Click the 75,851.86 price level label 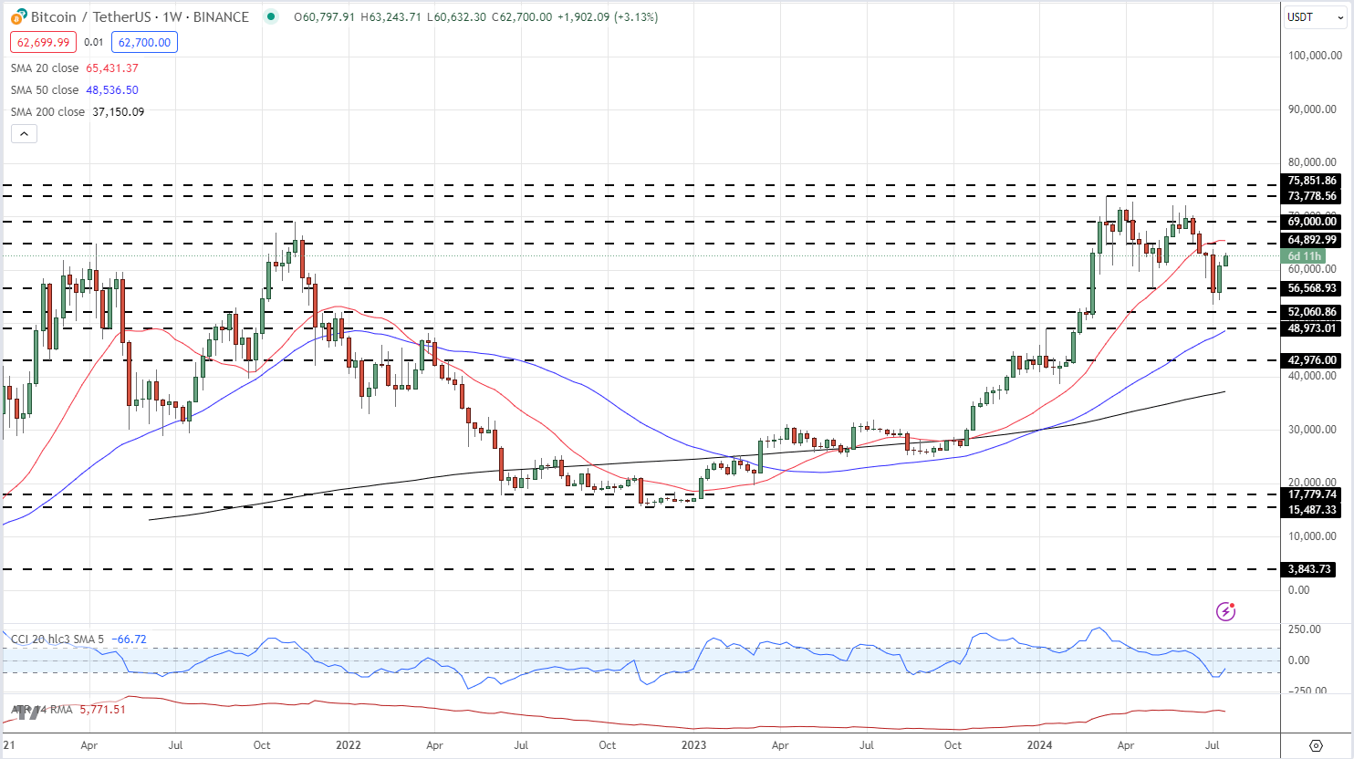(x=1311, y=181)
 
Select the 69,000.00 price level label (x=1311, y=222)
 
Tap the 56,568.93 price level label (x=1311, y=288)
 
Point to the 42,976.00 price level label (x=1311, y=360)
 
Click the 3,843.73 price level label (x=1309, y=569)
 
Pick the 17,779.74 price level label (x=1311, y=494)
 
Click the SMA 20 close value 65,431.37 (x=112, y=68)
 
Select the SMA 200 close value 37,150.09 (x=118, y=112)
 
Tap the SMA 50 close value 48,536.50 (x=112, y=90)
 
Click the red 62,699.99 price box (x=44, y=42)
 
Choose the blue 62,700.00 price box (x=144, y=42)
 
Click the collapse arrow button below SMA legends (x=24, y=134)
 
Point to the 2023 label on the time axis (x=693, y=745)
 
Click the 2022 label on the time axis (x=348, y=745)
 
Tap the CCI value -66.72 (x=129, y=639)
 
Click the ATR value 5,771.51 (x=102, y=709)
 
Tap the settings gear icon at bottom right (x=1316, y=745)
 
